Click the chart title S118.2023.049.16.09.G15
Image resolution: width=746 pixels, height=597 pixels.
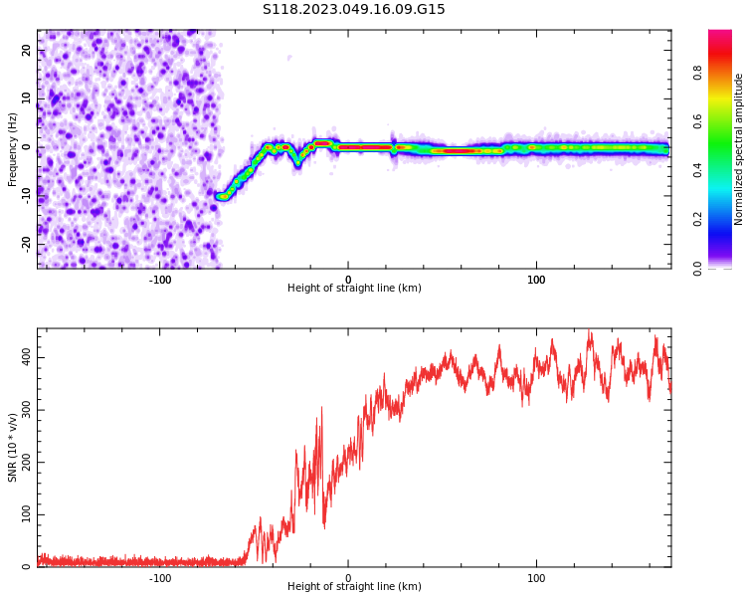click(353, 10)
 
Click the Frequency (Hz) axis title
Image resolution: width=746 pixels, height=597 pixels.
click(13, 149)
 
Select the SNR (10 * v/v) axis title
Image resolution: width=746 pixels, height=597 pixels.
click(13, 448)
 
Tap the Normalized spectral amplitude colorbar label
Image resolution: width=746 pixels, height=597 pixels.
click(739, 149)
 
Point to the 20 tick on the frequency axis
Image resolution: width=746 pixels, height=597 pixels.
click(27, 50)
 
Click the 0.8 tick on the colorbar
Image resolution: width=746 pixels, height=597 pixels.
click(725, 72)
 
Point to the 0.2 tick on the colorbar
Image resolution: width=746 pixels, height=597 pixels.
click(725, 220)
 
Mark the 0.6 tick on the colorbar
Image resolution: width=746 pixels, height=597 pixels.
click(725, 121)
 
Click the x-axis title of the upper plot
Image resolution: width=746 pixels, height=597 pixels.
click(354, 289)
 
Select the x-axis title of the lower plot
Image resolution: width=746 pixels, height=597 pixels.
click(354, 587)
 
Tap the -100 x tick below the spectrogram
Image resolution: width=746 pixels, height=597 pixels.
click(160, 278)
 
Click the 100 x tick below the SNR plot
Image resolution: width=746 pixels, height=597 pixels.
click(536, 577)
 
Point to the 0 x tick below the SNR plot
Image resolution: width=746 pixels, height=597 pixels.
click(348, 577)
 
